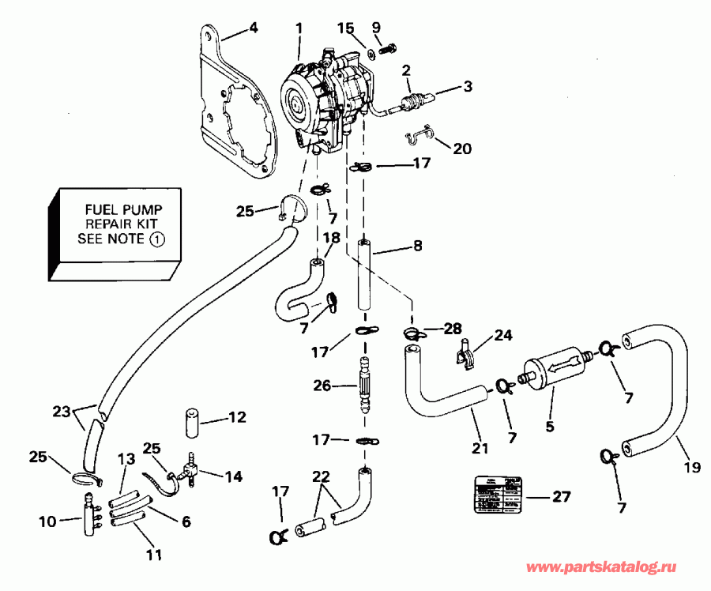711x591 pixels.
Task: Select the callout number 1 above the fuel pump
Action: tap(299, 28)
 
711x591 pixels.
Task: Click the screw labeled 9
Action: tap(386, 48)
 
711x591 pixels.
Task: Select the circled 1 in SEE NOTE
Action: tap(160, 239)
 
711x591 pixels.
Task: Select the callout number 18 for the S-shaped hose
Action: tap(333, 237)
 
